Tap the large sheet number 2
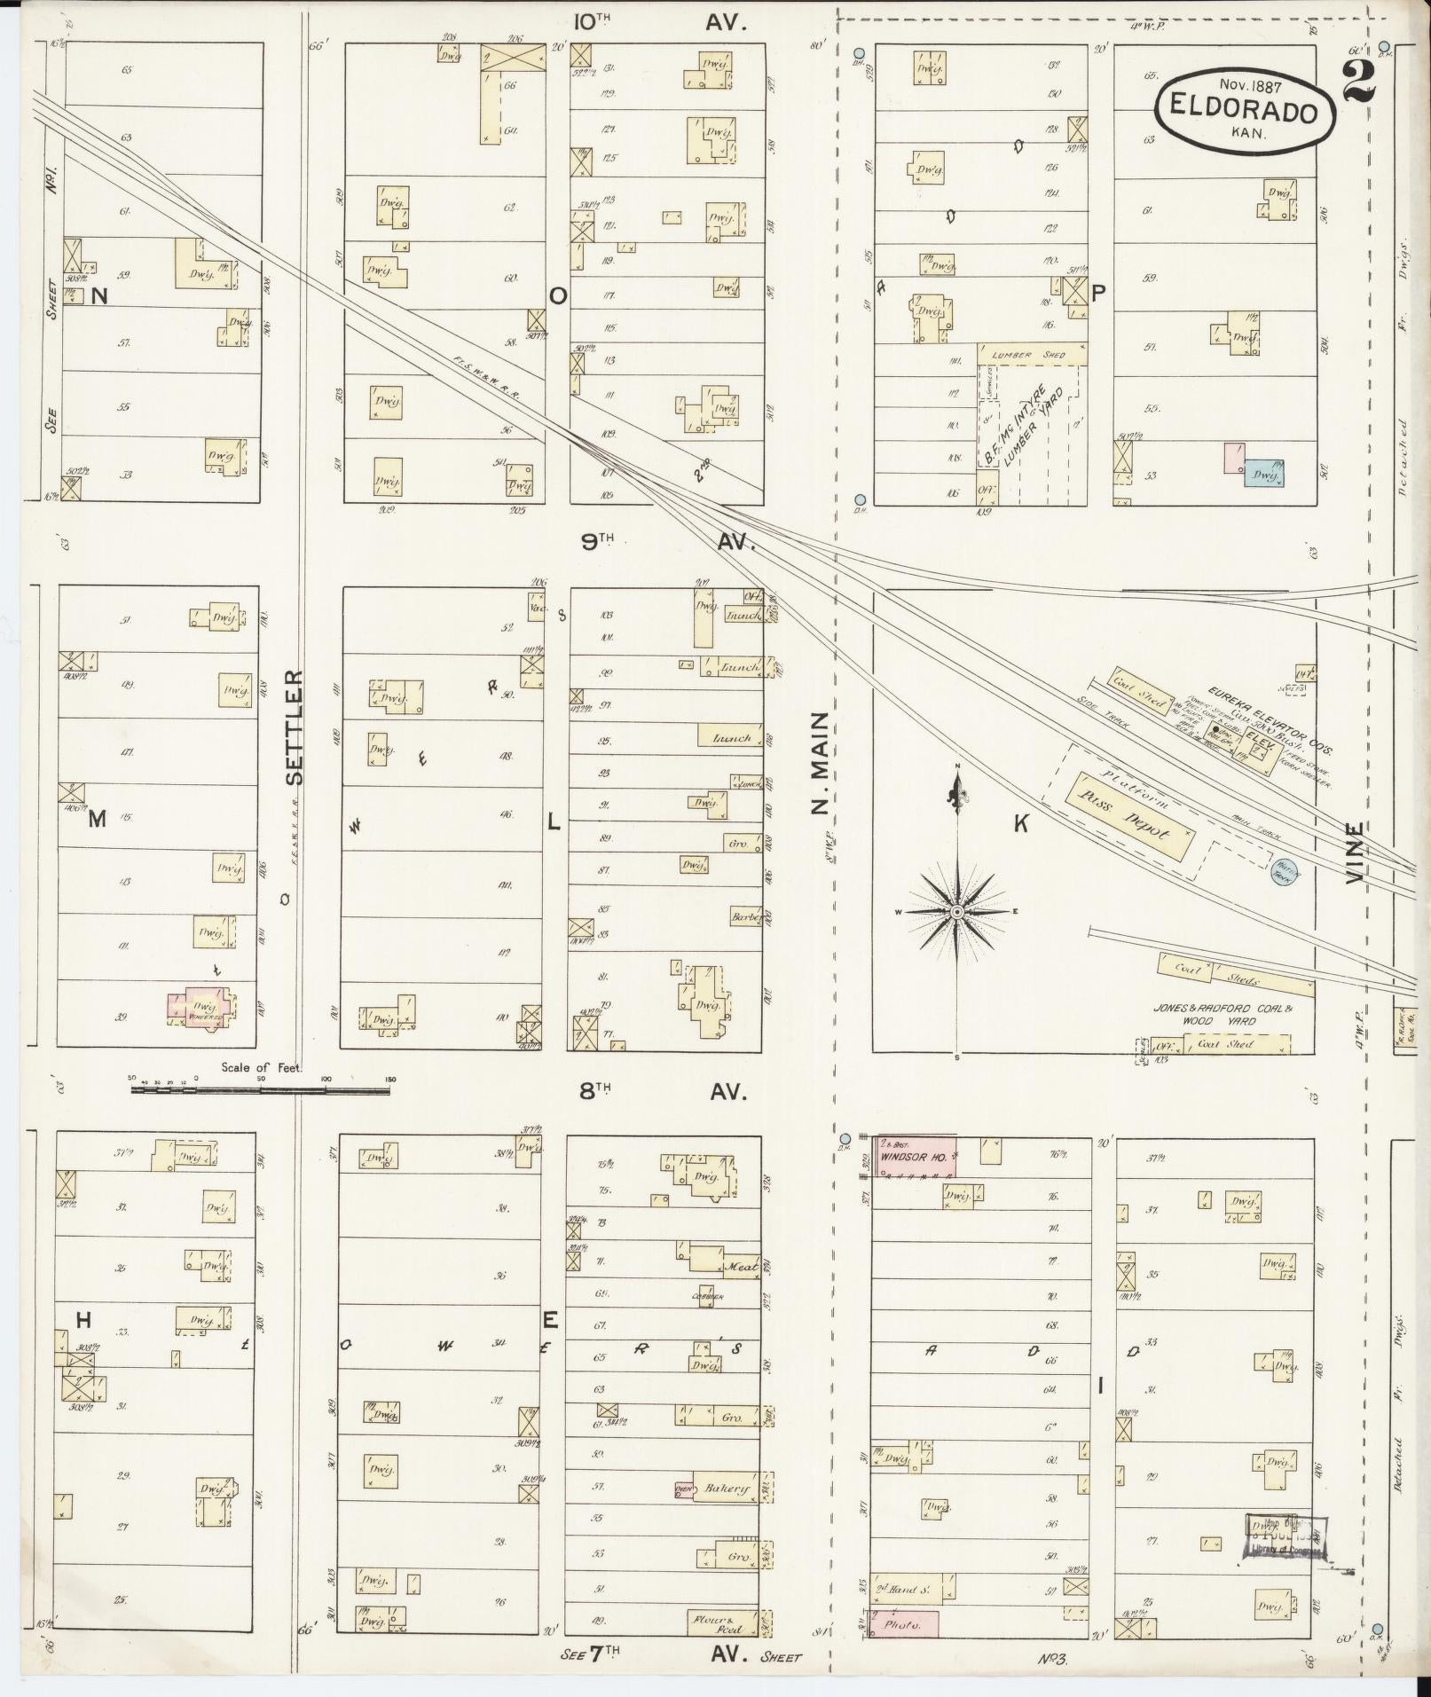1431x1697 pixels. tap(1359, 82)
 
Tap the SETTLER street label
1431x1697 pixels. tap(295, 727)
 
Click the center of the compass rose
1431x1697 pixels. tap(957, 911)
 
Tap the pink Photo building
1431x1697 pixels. tap(907, 1622)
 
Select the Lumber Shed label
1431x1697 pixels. tap(1032, 354)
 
